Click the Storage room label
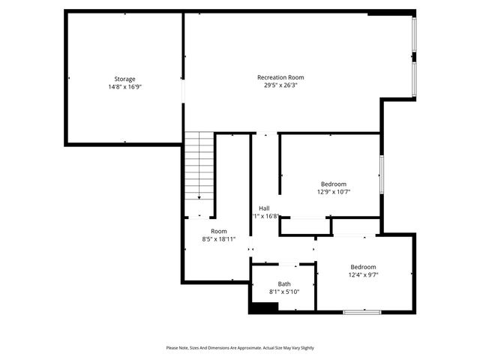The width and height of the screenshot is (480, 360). click(x=124, y=79)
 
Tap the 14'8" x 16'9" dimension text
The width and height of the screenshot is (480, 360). click(x=124, y=87)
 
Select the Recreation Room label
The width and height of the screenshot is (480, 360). click(x=280, y=77)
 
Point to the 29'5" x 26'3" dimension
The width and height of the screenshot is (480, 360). click(x=280, y=85)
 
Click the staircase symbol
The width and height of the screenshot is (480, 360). click(x=200, y=165)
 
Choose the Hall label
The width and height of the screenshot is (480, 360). click(x=265, y=208)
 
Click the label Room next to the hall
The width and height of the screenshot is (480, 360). click(x=218, y=231)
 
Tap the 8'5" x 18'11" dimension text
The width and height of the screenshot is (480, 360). click(x=218, y=239)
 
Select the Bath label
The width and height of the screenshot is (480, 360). click(x=284, y=283)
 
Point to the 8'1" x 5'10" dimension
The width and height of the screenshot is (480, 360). click(x=284, y=292)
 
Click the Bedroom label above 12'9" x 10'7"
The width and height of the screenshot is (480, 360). click(x=334, y=184)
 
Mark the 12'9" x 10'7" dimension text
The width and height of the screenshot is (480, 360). click(x=334, y=192)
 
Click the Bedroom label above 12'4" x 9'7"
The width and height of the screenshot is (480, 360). click(x=363, y=267)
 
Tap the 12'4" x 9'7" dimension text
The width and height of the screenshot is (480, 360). click(x=363, y=275)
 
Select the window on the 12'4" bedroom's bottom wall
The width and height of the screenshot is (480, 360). click(x=362, y=311)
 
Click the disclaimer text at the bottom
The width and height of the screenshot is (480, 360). click(x=240, y=348)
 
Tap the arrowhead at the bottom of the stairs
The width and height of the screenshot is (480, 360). click(x=199, y=198)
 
